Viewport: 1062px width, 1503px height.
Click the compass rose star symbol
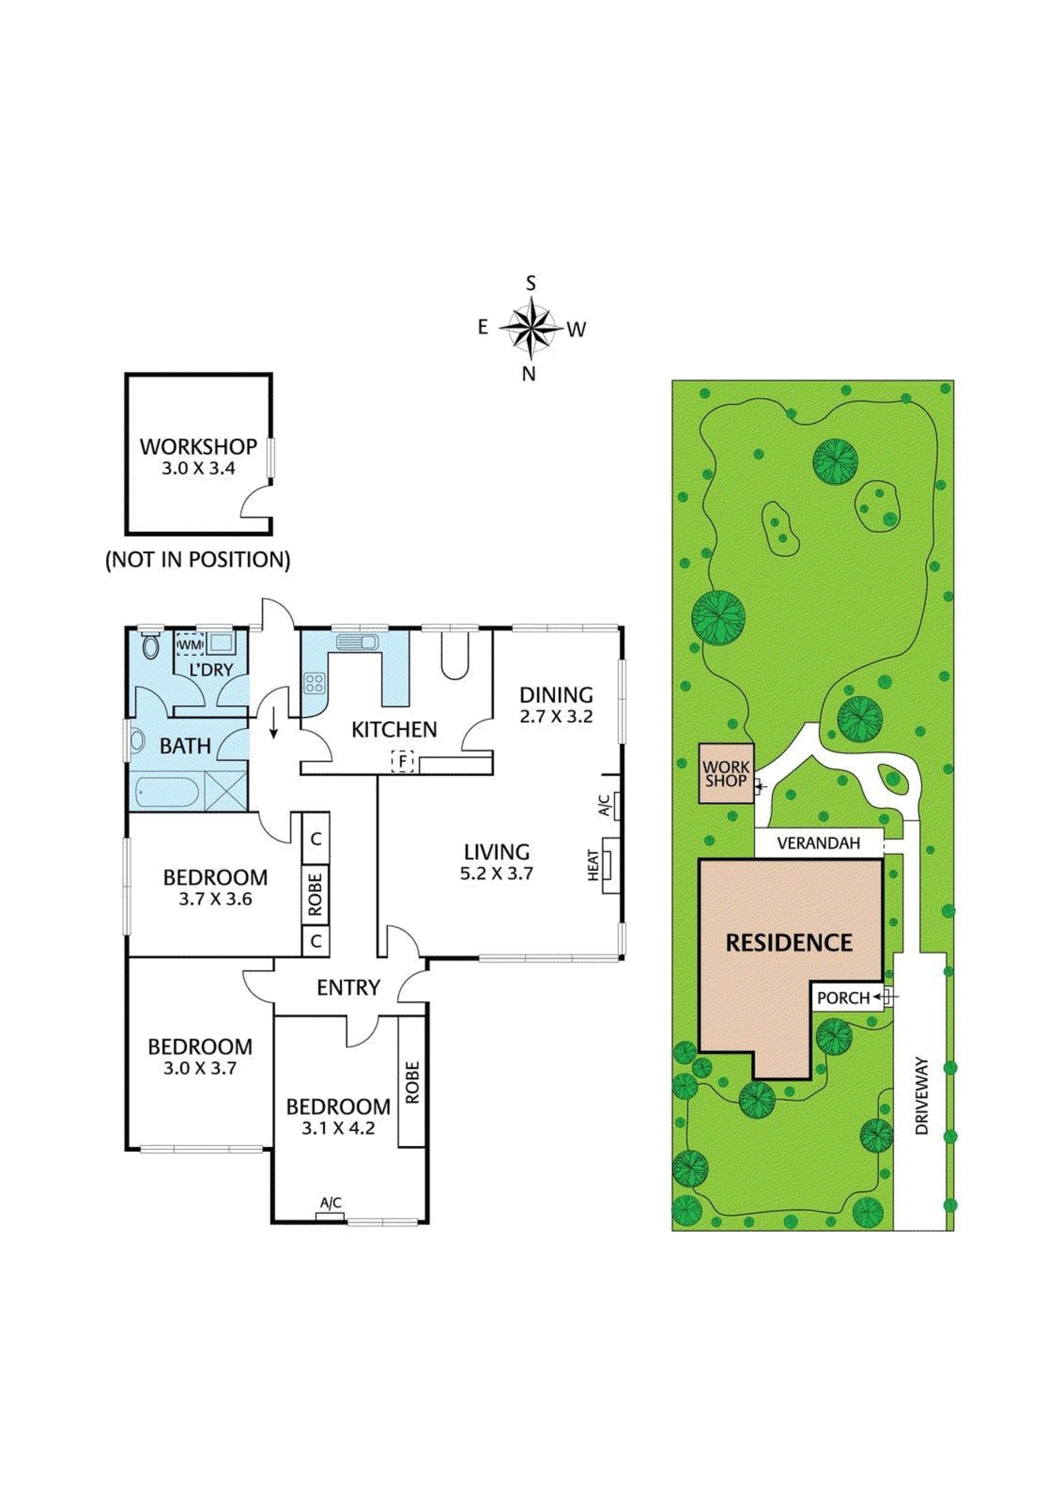pos(532,328)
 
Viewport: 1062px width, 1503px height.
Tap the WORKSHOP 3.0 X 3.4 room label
pos(198,456)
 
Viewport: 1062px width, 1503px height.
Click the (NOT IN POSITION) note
pos(198,559)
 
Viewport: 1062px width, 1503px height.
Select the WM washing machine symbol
pos(190,645)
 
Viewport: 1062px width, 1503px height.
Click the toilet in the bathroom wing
pos(151,645)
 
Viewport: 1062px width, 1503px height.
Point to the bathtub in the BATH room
pos(167,793)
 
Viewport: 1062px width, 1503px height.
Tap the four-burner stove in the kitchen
pos(314,683)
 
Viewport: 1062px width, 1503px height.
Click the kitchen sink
pos(358,642)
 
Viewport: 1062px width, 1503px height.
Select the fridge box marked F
pos(403,761)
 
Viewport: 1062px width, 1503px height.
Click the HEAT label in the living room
pos(593,866)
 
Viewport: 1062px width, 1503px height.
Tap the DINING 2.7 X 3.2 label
pos(556,705)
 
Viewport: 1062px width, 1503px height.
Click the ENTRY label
pos(348,987)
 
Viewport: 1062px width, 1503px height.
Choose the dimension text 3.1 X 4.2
pos(338,1128)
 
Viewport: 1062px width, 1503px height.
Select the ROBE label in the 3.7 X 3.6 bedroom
pos(315,894)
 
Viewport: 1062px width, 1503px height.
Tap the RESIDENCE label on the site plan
pos(789,943)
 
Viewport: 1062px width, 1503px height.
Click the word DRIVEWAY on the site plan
pos(922,1096)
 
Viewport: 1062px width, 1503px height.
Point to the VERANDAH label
pos(819,842)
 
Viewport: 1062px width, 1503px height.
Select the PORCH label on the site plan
pos(843,998)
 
